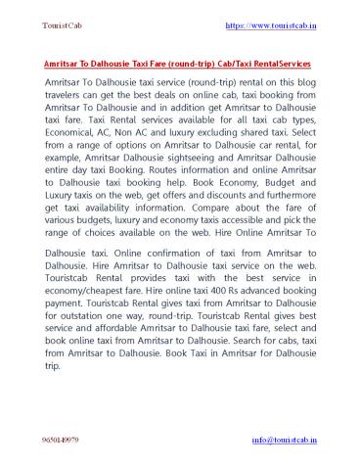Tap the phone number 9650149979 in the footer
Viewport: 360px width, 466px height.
coord(63,440)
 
